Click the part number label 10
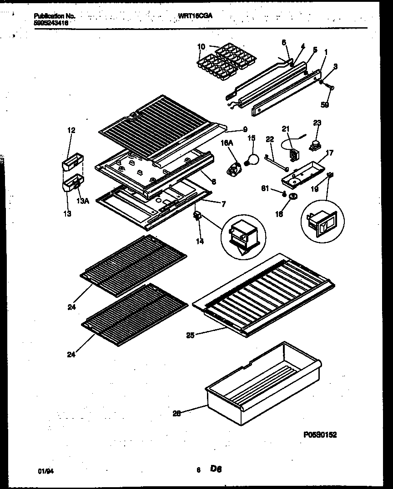(202, 46)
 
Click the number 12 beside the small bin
(71, 130)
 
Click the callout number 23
(317, 122)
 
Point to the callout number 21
(286, 128)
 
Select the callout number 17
(329, 153)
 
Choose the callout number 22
(270, 139)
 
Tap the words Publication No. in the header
(55, 16)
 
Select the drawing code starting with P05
(320, 435)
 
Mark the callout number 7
(223, 204)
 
